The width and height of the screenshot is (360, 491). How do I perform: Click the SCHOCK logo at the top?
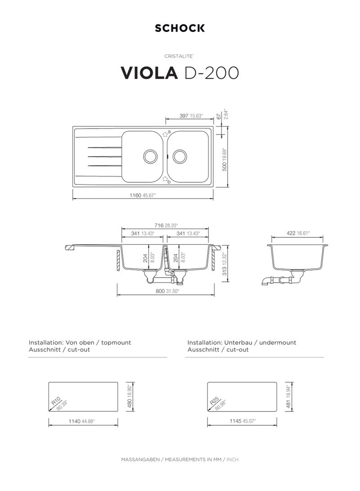tap(180, 28)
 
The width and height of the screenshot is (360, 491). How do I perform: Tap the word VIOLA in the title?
tap(149, 72)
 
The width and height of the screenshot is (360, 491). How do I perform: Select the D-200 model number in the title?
tap(212, 72)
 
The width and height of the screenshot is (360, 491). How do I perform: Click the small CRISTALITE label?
tap(179, 56)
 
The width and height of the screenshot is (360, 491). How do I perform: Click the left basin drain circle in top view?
tap(151, 156)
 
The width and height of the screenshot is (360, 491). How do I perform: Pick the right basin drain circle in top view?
tap(180, 156)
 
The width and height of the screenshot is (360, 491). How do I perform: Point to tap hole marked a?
tap(165, 134)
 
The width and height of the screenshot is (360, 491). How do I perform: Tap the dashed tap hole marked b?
tap(165, 179)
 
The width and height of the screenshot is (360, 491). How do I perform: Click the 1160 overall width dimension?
tap(135, 195)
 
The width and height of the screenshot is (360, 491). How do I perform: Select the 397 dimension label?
tap(184, 116)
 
